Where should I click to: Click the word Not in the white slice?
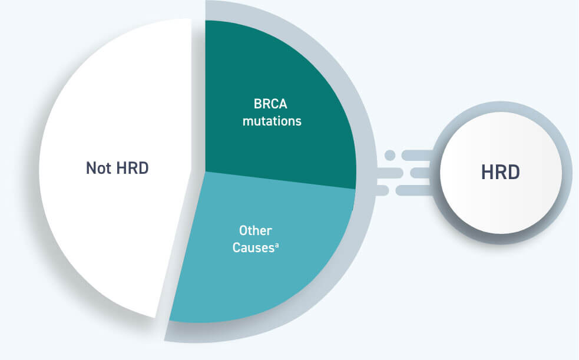(x=98, y=168)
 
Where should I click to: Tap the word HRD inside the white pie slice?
(x=133, y=168)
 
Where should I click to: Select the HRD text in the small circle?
(x=500, y=172)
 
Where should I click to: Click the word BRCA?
(x=270, y=104)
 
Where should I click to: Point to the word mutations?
(x=272, y=121)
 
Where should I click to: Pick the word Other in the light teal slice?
(x=256, y=230)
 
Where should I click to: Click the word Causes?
(x=253, y=247)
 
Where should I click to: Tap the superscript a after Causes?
(x=277, y=245)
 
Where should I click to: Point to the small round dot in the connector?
(x=390, y=155)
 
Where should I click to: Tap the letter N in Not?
(x=91, y=168)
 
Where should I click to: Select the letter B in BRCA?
(x=258, y=104)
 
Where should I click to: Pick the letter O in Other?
(x=243, y=230)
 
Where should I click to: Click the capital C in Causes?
(x=237, y=247)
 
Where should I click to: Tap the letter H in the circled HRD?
(x=487, y=172)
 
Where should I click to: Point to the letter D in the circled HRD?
(x=514, y=172)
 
